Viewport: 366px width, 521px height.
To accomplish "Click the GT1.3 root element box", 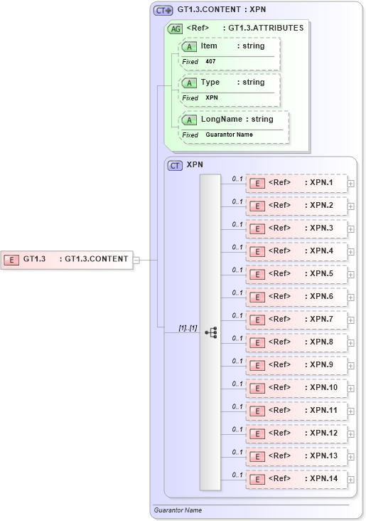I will [68, 259].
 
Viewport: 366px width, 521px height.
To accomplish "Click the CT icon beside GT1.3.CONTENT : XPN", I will [163, 10].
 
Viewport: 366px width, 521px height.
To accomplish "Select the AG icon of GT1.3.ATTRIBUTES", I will [174, 28].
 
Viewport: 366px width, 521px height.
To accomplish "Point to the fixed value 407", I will [210, 62].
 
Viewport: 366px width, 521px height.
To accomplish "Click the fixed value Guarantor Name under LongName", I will [229, 135].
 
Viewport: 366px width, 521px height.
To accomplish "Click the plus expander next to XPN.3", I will [351, 228].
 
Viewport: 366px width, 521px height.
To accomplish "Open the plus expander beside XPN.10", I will [351, 388].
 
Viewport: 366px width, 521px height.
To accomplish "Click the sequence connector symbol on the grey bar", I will [210, 332].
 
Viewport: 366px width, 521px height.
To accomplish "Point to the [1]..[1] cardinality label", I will [187, 327].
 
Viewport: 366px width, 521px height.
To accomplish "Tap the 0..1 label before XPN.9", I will [237, 361].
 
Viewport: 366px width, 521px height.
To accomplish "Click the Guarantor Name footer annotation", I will [178, 510].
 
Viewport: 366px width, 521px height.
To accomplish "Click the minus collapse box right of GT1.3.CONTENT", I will [136, 260].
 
